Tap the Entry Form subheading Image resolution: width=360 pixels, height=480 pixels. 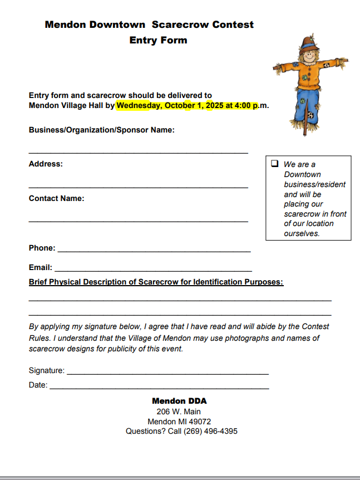coord(158,40)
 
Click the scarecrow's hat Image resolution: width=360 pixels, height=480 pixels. coord(307,43)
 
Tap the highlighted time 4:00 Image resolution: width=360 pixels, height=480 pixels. coord(240,105)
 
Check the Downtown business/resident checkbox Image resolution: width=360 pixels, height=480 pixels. coord(274,164)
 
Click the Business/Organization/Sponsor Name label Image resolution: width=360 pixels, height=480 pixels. coord(101,130)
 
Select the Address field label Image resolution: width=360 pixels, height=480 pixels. coord(46,164)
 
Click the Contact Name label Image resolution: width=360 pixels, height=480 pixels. coord(56,198)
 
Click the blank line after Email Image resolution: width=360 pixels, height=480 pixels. coord(153,270)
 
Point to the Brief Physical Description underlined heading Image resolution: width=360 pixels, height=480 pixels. coord(156,282)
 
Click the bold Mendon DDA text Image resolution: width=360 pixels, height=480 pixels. coord(179,401)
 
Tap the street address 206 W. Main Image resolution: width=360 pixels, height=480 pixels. coord(179,412)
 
